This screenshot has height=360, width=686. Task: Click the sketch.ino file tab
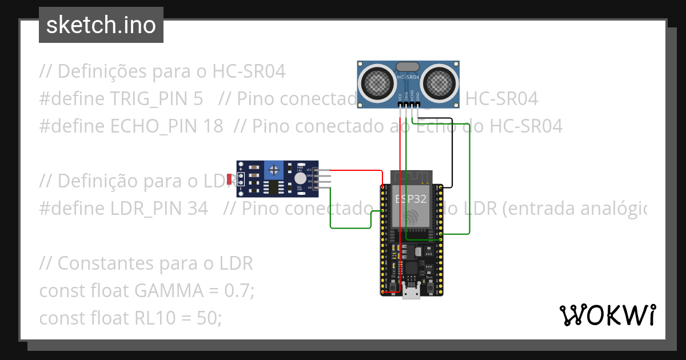pyautogui.click(x=101, y=25)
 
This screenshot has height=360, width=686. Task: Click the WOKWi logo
pyautogui.click(x=607, y=315)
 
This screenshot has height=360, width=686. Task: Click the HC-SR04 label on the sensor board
pyautogui.click(x=408, y=77)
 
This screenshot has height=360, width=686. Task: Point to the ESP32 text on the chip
pyautogui.click(x=410, y=199)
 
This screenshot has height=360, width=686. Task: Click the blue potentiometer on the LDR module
pyautogui.click(x=275, y=169)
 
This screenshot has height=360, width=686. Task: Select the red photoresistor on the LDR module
pyautogui.click(x=229, y=179)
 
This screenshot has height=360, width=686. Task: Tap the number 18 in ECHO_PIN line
pyautogui.click(x=213, y=126)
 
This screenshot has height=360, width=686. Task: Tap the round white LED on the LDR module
pyautogui.click(x=300, y=178)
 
